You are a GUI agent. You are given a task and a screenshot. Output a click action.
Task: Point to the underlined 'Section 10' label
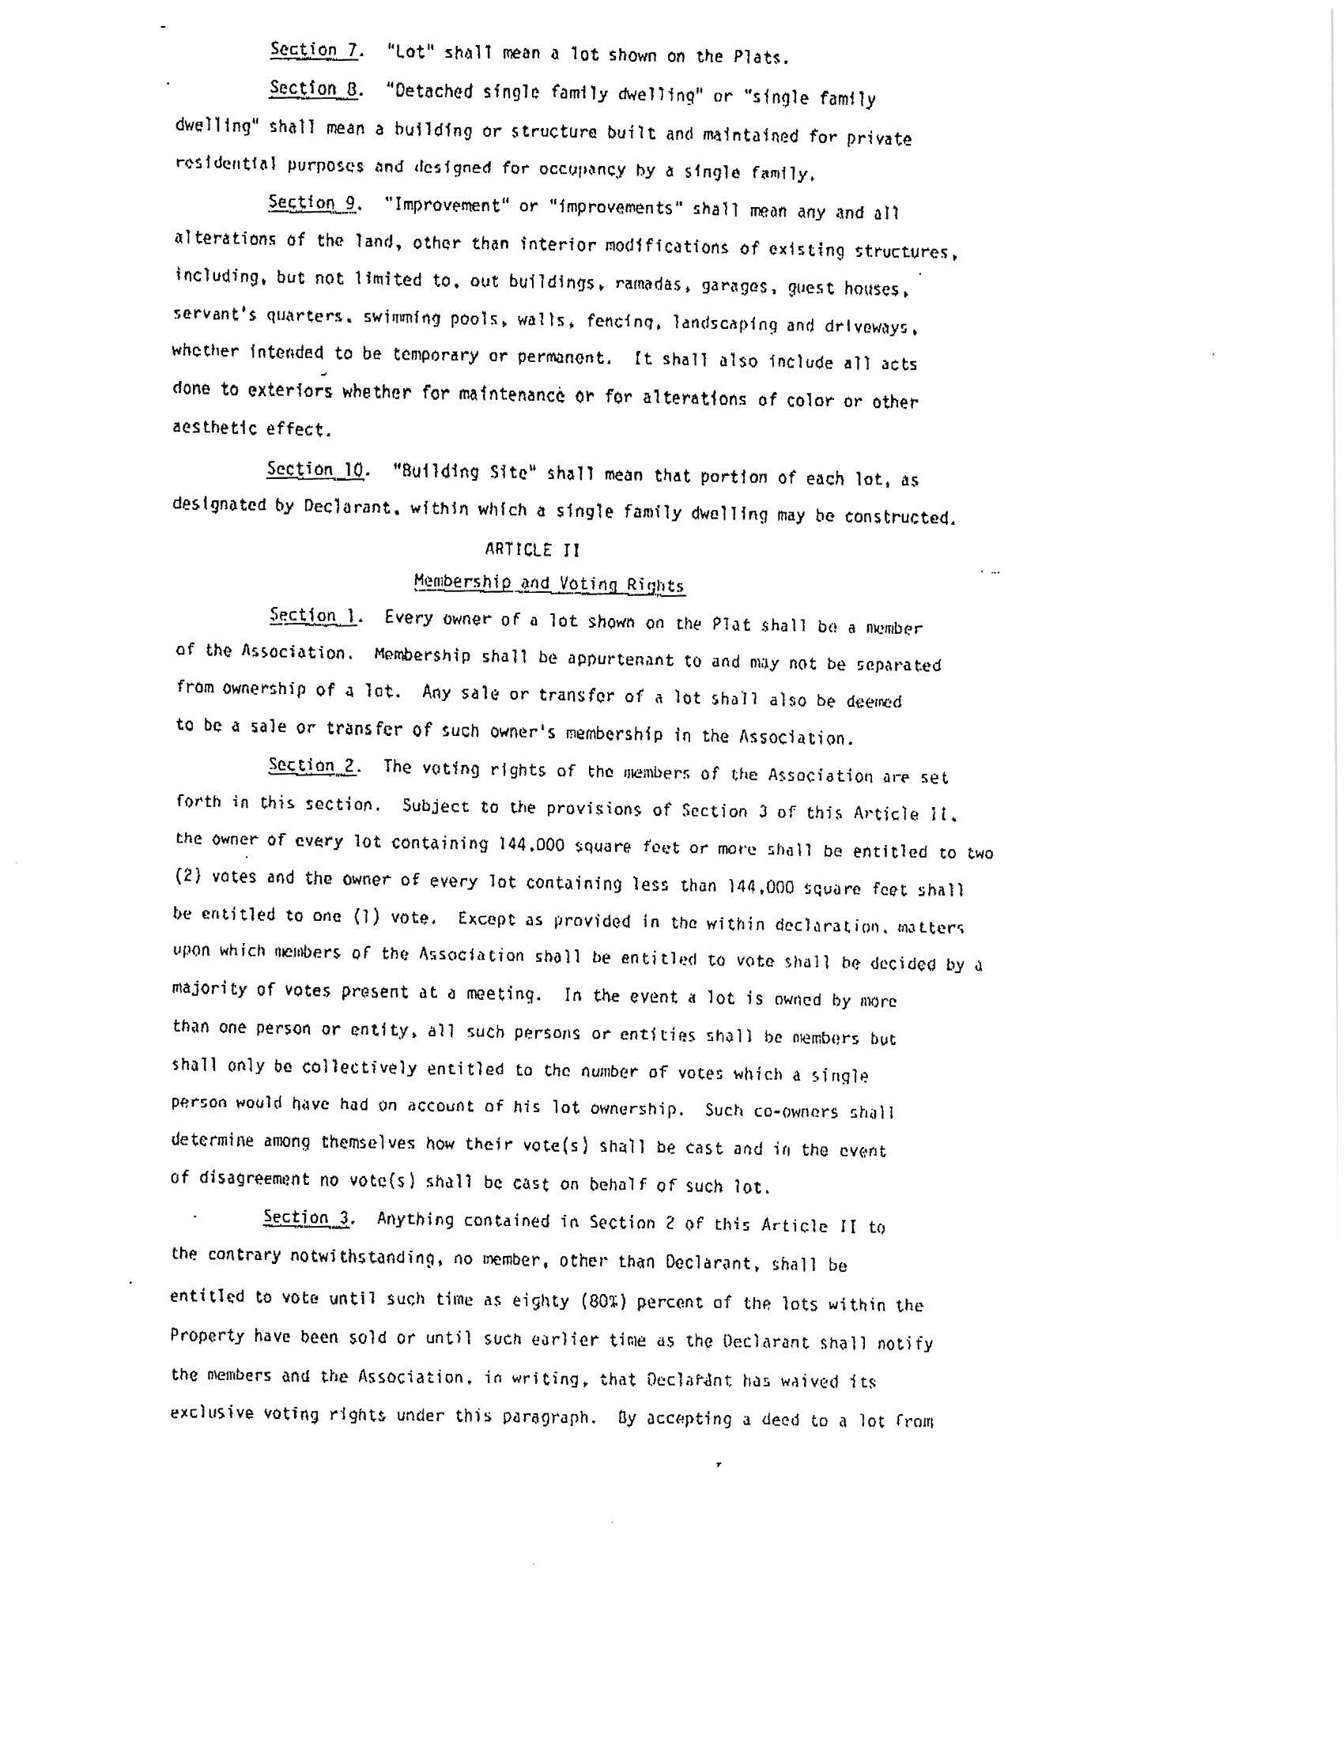[x=317, y=470]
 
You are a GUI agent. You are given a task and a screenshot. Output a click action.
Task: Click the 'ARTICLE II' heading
[x=532, y=550]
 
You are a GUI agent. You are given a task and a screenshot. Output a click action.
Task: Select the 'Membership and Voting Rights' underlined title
[x=549, y=584]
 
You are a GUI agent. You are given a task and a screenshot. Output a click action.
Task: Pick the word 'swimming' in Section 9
[x=398, y=317]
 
